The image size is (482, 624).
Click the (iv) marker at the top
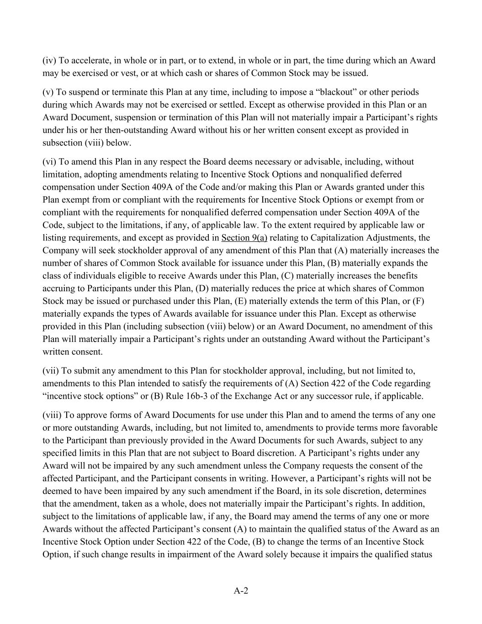pyautogui.click(x=49, y=60)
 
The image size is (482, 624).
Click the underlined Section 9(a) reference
pyautogui.click(x=244, y=238)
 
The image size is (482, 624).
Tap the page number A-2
pyautogui.click(x=241, y=591)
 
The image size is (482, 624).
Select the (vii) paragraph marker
pyautogui.click(x=50, y=370)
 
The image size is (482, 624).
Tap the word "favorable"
pyautogui.click(x=421, y=428)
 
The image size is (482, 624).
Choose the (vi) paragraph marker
pyautogui.click(x=49, y=161)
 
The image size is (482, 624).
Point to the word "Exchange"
pyautogui.click(x=251, y=396)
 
